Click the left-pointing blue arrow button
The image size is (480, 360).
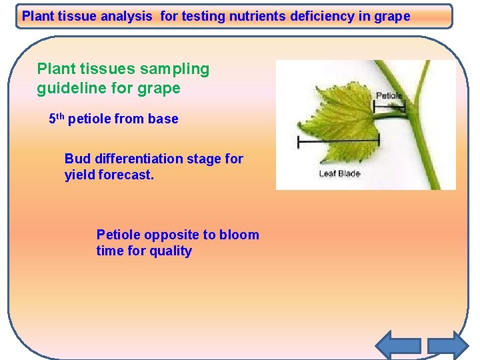[x=398, y=345]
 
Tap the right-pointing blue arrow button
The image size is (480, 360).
[x=448, y=345]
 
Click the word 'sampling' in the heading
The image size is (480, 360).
[x=175, y=69]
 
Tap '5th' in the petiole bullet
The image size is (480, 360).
[x=57, y=119]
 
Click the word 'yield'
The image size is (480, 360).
[x=79, y=176]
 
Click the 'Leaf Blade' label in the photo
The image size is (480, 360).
[x=339, y=173]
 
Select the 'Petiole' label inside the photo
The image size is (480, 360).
[x=389, y=96]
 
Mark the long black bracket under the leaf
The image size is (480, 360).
[x=338, y=140]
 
